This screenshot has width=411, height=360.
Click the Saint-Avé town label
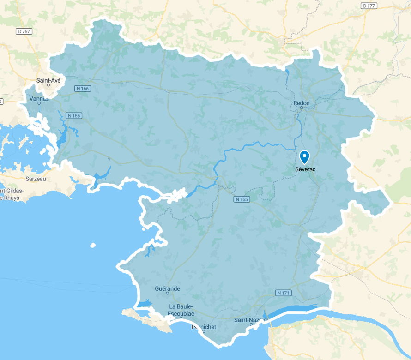[48, 80]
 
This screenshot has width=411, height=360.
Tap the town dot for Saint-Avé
[48, 85]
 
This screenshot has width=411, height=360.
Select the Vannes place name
[39, 98]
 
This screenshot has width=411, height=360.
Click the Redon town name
[302, 103]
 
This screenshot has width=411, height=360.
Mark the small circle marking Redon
[302, 108]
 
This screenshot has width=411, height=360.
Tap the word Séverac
[305, 169]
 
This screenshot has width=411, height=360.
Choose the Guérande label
[168, 289]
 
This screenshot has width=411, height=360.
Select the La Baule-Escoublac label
[181, 310]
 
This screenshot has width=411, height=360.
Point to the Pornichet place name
[204, 327]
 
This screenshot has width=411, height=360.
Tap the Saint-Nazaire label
[251, 320]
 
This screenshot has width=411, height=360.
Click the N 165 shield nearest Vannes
[74, 115]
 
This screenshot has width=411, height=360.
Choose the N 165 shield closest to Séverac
[242, 199]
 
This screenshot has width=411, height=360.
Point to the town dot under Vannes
[39, 103]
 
